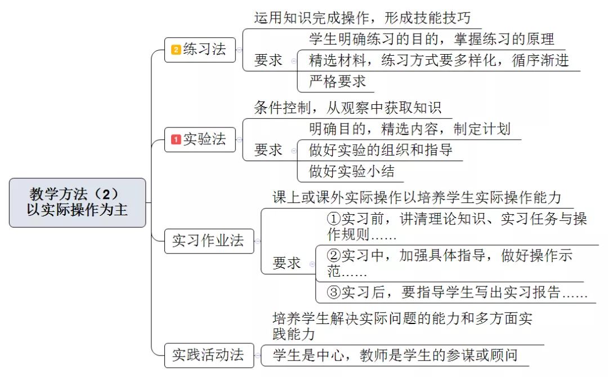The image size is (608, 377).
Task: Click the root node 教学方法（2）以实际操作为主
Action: click(78, 202)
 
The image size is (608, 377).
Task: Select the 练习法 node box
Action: click(200, 50)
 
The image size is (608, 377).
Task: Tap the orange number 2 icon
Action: click(176, 50)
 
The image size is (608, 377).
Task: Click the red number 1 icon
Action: click(176, 139)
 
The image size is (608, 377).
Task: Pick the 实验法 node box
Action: click(200, 139)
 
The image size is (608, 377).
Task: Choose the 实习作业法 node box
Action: click(209, 241)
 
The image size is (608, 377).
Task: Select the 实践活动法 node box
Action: click(209, 355)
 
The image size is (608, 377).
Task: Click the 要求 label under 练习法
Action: click(269, 60)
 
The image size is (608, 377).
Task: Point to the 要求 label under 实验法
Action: click(269, 150)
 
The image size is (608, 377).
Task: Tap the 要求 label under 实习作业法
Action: click(287, 263)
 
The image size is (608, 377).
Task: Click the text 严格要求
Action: click(337, 82)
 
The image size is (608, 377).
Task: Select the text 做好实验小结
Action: click(352, 171)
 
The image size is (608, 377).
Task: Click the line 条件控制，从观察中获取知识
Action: click(348, 108)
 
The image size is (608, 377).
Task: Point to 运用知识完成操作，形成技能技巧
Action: click(363, 18)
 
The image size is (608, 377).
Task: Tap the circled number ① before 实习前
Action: click(334, 219)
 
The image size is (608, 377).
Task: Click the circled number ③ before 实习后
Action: click(334, 292)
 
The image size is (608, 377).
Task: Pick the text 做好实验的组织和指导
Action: click(381, 150)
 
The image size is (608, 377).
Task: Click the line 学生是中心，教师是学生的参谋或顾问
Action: click(395, 355)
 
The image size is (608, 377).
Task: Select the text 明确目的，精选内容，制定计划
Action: click(410, 129)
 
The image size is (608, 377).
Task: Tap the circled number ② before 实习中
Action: click(334, 255)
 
